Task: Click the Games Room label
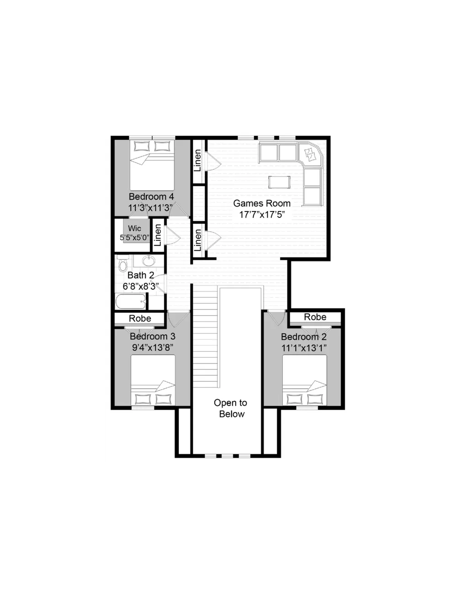262,203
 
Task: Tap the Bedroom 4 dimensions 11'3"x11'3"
150,208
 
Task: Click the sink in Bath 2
149,261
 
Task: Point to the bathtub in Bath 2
131,301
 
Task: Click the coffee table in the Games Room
279,182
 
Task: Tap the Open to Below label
231,408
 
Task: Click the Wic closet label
134,228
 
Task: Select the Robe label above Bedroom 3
140,318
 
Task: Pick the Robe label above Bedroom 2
315,317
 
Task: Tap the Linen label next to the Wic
158,235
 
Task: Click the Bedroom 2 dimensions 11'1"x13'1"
304,348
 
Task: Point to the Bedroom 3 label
153,337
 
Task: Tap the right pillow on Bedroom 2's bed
315,399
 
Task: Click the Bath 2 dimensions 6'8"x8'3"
141,286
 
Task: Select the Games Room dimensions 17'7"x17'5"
262,215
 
